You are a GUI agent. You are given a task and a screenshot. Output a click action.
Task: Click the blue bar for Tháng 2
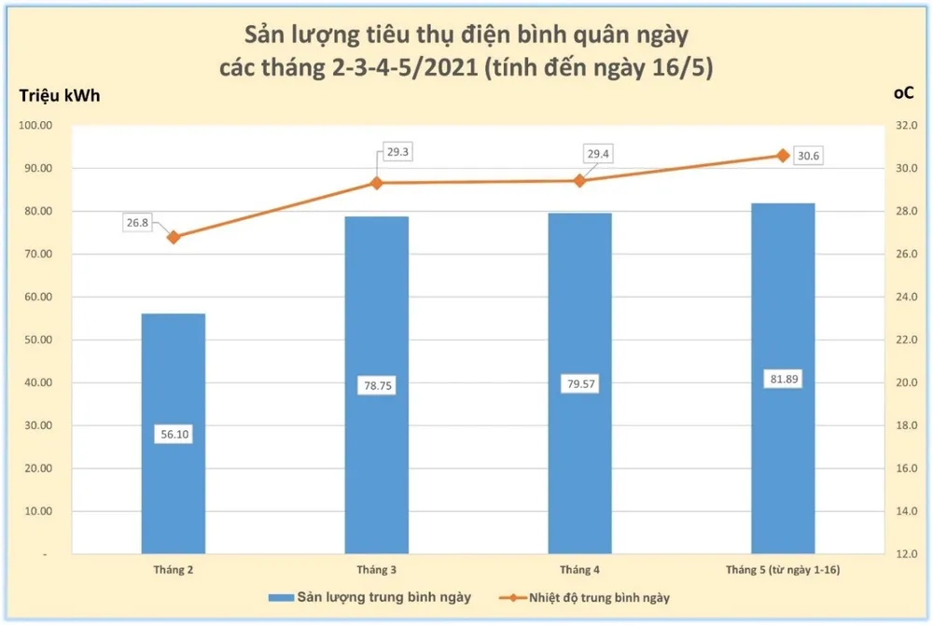174,373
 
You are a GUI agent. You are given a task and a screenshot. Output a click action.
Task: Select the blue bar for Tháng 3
377,308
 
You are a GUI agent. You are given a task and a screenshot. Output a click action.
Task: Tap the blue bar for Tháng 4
579,308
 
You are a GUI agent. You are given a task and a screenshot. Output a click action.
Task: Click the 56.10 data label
174,434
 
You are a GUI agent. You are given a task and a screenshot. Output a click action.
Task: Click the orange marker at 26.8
174,237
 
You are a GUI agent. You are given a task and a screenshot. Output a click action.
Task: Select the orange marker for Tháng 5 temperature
783,156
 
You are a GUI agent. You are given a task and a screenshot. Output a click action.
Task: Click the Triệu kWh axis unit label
60,95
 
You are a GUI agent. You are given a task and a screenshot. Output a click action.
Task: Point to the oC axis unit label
903,95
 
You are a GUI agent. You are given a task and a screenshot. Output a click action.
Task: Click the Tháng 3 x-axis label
377,569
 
